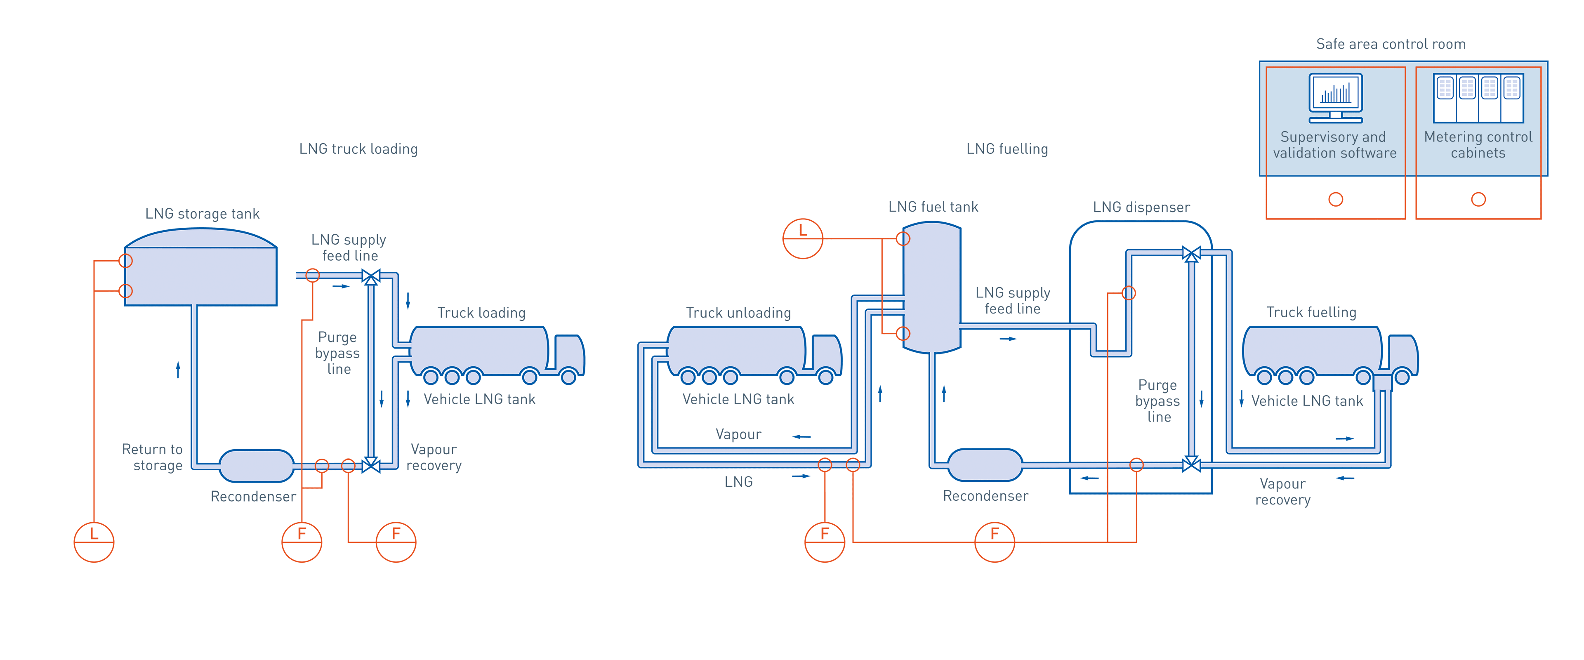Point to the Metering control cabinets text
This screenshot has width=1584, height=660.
[x=1478, y=145]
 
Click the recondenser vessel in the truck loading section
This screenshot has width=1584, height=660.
[x=257, y=466]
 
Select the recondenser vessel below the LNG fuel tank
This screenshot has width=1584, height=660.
[x=985, y=466]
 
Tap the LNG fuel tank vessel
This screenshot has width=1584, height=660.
[x=931, y=288]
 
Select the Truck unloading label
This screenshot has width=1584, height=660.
[x=738, y=313]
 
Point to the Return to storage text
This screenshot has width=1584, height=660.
[x=153, y=457]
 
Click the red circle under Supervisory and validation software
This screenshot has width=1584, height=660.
[x=1336, y=199]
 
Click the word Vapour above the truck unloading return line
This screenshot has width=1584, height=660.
[x=738, y=434]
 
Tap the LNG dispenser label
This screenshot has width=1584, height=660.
[x=1141, y=207]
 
